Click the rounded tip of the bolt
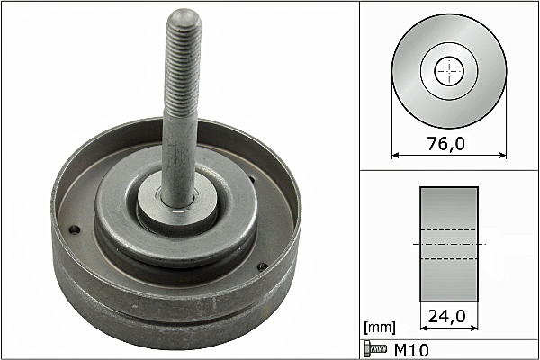[x=184, y=15]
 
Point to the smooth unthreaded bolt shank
[x=179, y=158]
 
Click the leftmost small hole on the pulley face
[x=75, y=229]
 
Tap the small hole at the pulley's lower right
[x=263, y=266]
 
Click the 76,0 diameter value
[x=446, y=144]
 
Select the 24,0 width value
[x=446, y=316]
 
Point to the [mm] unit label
[x=380, y=328]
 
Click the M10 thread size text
[x=411, y=350]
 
